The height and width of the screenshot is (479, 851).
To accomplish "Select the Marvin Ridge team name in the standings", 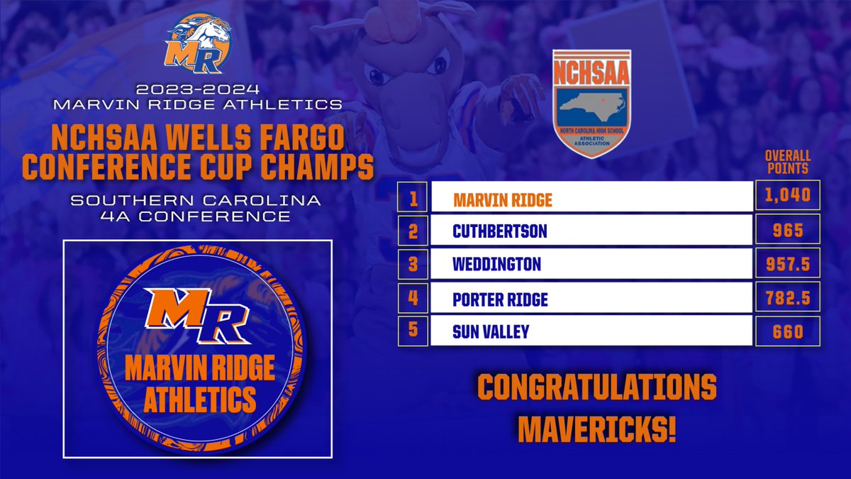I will (x=503, y=200).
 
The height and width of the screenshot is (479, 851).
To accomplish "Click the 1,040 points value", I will (x=788, y=195).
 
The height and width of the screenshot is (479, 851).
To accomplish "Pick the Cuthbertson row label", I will (x=500, y=231).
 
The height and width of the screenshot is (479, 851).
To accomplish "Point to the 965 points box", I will (x=788, y=230).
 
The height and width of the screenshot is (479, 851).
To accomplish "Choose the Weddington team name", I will (x=496, y=265).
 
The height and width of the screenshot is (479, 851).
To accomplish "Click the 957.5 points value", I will (x=788, y=264).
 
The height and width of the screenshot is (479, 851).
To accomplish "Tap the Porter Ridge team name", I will (x=500, y=299).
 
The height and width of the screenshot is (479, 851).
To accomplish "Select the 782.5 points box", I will (x=788, y=297).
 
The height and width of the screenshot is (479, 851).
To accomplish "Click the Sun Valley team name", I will (x=491, y=331).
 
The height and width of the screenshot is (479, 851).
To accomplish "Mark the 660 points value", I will (x=788, y=331).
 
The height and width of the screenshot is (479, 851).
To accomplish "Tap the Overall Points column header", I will (x=788, y=163).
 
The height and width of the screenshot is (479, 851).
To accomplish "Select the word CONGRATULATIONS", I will (x=596, y=389).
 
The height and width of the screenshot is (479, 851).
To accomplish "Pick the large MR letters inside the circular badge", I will (x=196, y=308).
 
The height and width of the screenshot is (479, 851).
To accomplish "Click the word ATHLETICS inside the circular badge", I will (x=199, y=400).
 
